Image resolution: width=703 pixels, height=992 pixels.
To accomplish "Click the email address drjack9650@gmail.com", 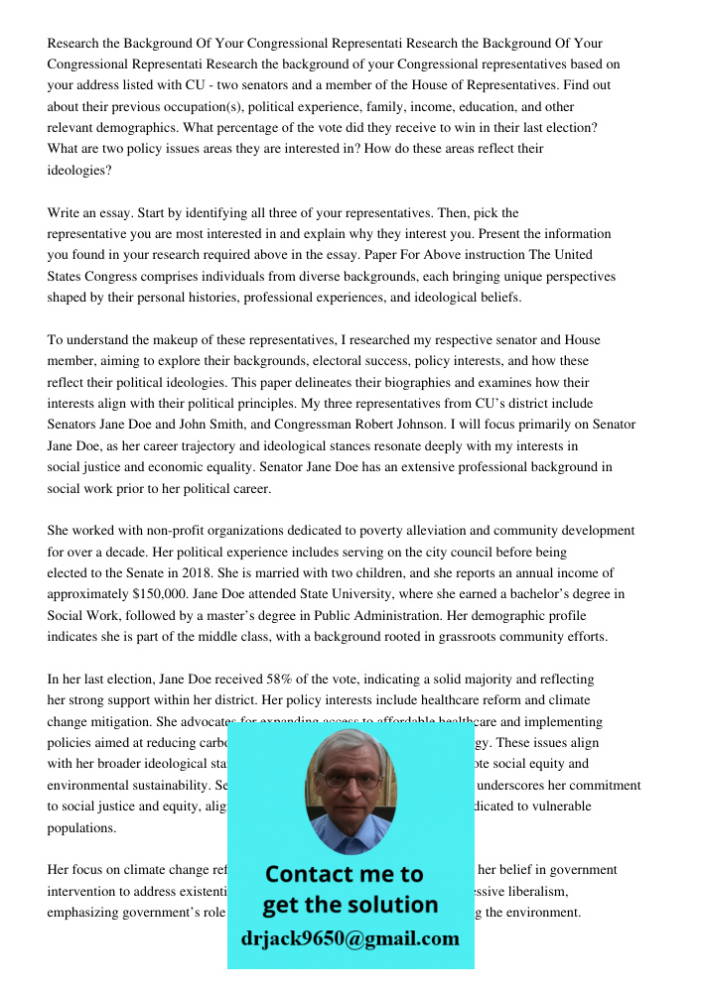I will coord(351,938).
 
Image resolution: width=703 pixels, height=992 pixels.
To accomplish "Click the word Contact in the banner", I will coord(310,874).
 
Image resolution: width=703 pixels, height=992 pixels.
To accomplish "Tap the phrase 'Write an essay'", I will coord(90,213).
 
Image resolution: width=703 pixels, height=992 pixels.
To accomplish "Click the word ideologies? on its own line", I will coord(79,170).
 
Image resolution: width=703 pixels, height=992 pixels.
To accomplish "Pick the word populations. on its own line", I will coord(81,827).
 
